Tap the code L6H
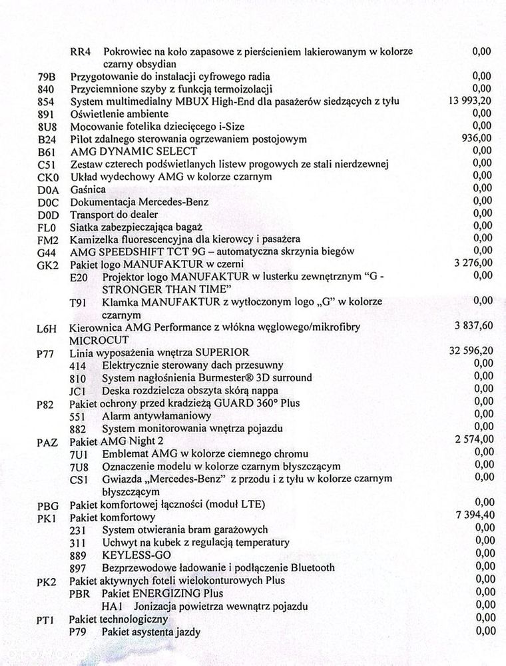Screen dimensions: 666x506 [x=47, y=327]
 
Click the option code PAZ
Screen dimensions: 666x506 [x=47, y=441]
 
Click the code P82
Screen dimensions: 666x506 [x=47, y=403]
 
